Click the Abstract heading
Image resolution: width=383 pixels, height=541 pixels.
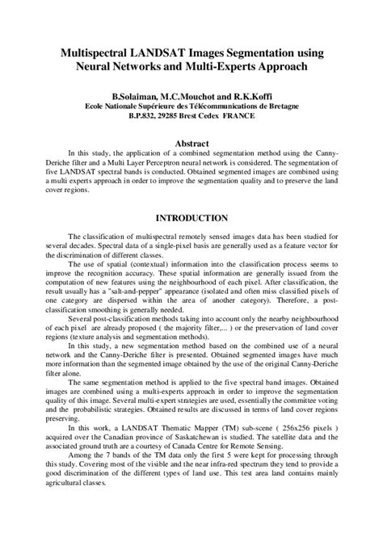191,141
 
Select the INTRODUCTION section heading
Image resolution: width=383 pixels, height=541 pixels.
191,218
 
